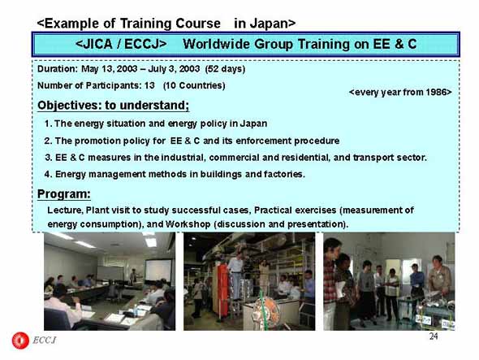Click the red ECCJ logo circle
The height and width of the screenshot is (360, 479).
pyautogui.click(x=20, y=340)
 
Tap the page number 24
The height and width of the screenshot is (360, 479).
pyautogui.click(x=434, y=336)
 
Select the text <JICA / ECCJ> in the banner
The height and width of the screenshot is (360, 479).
pyautogui.click(x=121, y=44)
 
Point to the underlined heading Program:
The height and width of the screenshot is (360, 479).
pyautogui.click(x=64, y=194)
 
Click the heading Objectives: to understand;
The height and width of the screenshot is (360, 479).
pyautogui.click(x=114, y=106)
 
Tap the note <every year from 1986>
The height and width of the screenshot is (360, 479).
pyautogui.click(x=400, y=92)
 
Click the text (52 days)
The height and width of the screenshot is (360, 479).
pyautogui.click(x=225, y=69)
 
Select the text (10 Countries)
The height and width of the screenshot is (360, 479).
pyautogui.click(x=194, y=85)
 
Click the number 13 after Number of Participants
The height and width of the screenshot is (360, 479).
pyautogui.click(x=149, y=85)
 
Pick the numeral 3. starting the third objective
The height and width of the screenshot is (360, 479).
pyautogui.click(x=49, y=158)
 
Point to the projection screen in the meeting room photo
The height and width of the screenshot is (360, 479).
pyautogui.click(x=158, y=270)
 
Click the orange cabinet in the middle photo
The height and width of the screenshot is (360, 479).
pyautogui.click(x=222, y=289)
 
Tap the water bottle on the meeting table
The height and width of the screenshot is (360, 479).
pyautogui.click(x=136, y=310)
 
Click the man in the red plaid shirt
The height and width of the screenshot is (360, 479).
pyautogui.click(x=331, y=284)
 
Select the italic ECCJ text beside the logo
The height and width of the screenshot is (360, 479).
pyautogui.click(x=45, y=340)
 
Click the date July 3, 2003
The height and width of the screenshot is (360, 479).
pyautogui.click(x=174, y=69)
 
